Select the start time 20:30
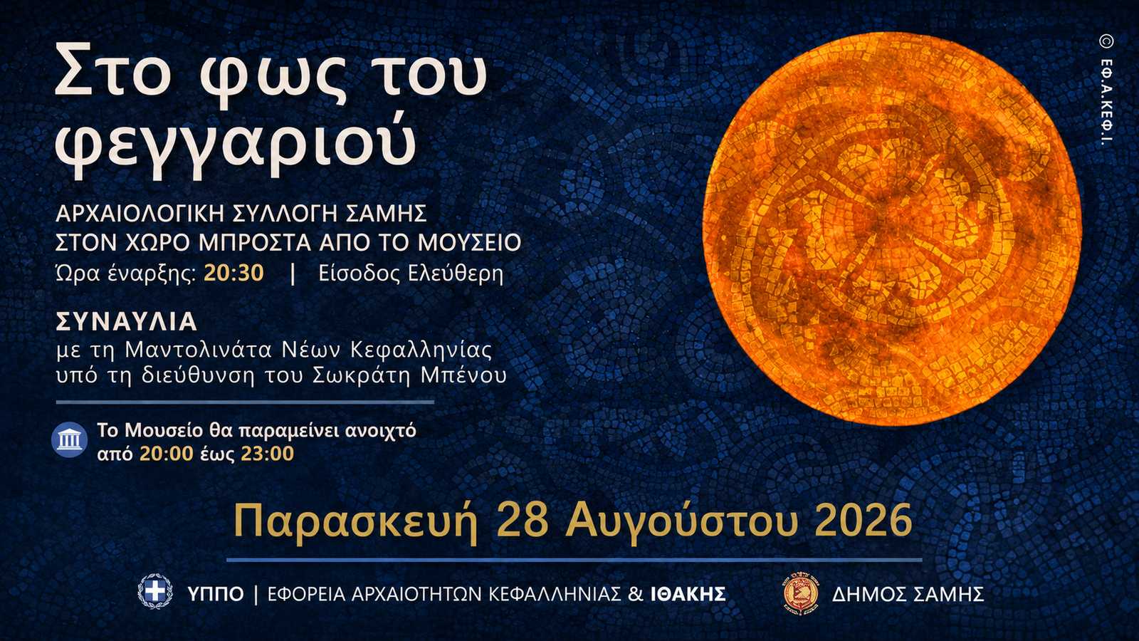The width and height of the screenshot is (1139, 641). (x=234, y=273)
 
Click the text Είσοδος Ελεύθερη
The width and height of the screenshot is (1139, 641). (x=411, y=273)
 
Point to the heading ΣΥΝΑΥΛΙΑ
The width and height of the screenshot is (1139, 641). (x=126, y=321)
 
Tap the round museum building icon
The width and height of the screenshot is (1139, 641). (x=70, y=440)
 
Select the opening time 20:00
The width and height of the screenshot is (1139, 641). (x=167, y=453)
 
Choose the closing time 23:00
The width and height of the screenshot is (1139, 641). (x=268, y=453)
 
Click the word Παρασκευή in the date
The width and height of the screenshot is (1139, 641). (x=355, y=521)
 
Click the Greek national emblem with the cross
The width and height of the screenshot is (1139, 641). (x=155, y=591)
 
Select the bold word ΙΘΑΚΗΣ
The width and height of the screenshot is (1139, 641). (x=688, y=594)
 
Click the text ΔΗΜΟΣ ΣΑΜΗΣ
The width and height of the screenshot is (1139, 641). (x=908, y=594)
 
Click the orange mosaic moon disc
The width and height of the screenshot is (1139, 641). (x=892, y=229)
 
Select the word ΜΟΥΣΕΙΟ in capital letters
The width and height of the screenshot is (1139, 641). (x=469, y=243)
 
